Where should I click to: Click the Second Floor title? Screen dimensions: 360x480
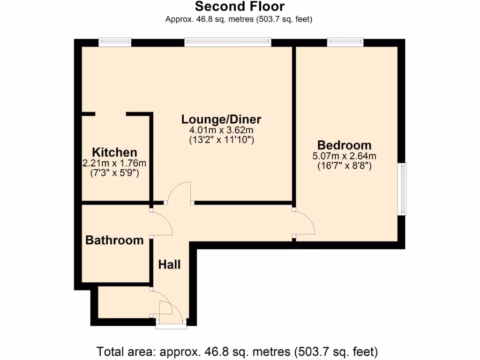[x=240, y=7]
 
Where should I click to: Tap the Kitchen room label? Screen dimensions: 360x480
[x=114, y=152]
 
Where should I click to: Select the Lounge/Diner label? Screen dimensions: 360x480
[x=221, y=119]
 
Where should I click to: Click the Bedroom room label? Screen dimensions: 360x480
[x=344, y=145]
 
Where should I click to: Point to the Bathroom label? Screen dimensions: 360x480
[x=114, y=240]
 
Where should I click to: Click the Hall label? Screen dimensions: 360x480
[x=169, y=265]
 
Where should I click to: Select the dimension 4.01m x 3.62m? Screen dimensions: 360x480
[x=221, y=130]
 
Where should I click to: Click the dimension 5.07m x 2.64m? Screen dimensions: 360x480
[x=345, y=156]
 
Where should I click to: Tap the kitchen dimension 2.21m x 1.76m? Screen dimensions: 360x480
[x=114, y=163]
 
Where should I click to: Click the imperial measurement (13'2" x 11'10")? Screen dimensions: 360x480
[x=221, y=139]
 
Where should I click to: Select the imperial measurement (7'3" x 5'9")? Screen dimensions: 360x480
[x=114, y=172]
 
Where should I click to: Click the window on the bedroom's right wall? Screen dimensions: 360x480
[x=402, y=189]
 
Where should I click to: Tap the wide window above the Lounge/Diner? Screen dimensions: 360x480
[x=228, y=43]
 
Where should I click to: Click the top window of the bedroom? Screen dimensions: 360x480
[x=345, y=43]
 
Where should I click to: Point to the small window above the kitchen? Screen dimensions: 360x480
[x=115, y=43]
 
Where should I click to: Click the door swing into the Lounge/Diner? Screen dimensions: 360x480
[x=180, y=192]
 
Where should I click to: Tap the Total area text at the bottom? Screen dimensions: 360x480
[x=237, y=351]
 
